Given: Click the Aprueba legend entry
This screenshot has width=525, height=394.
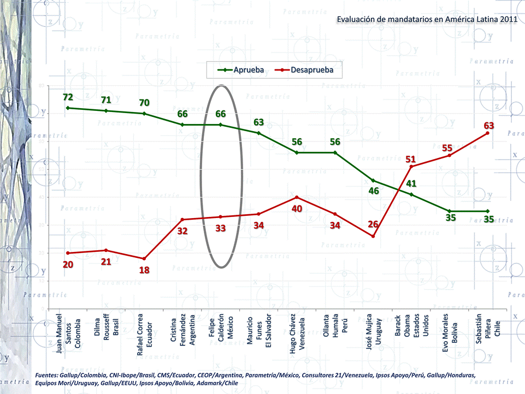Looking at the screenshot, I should [241, 70].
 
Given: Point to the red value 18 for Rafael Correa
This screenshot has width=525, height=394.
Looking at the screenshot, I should [144, 270].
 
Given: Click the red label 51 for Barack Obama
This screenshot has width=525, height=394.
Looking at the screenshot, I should [411, 160].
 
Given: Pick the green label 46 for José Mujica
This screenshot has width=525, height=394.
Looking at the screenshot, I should [373, 191].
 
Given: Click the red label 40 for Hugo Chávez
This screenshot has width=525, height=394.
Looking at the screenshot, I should [297, 209].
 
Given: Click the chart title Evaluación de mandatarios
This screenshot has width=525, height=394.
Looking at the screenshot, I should [427, 19].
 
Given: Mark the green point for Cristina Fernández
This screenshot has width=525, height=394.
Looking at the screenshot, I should [182, 125].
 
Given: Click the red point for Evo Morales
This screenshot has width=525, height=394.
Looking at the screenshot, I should [449, 155].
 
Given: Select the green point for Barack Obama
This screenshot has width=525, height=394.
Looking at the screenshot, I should [411, 195].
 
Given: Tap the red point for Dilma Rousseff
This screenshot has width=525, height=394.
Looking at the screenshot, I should [106, 250].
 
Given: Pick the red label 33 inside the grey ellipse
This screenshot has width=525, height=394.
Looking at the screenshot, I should [221, 228].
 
